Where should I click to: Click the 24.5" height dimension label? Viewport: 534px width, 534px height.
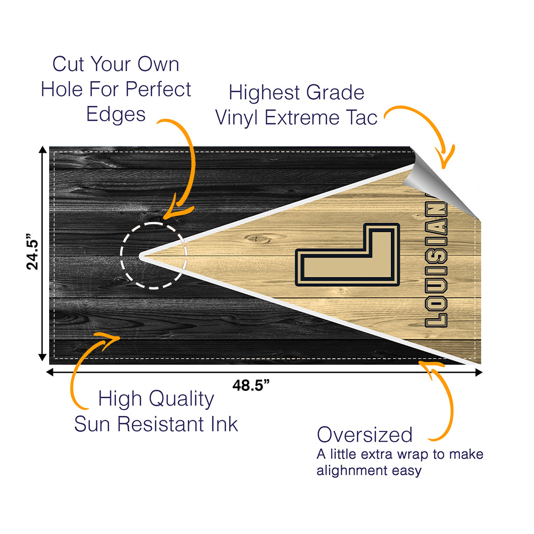point(33,252)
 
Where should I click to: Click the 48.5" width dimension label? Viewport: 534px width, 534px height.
point(251,385)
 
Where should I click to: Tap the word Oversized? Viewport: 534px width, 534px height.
point(364,435)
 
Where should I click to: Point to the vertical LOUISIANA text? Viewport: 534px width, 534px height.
point(436,260)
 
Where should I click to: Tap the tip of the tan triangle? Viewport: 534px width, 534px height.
point(140,256)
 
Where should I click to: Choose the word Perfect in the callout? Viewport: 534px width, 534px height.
point(159,89)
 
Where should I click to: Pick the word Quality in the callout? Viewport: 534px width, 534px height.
point(182,399)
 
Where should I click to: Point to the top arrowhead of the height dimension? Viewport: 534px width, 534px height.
point(43,149)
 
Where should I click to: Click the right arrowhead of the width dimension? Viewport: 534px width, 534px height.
point(479,373)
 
